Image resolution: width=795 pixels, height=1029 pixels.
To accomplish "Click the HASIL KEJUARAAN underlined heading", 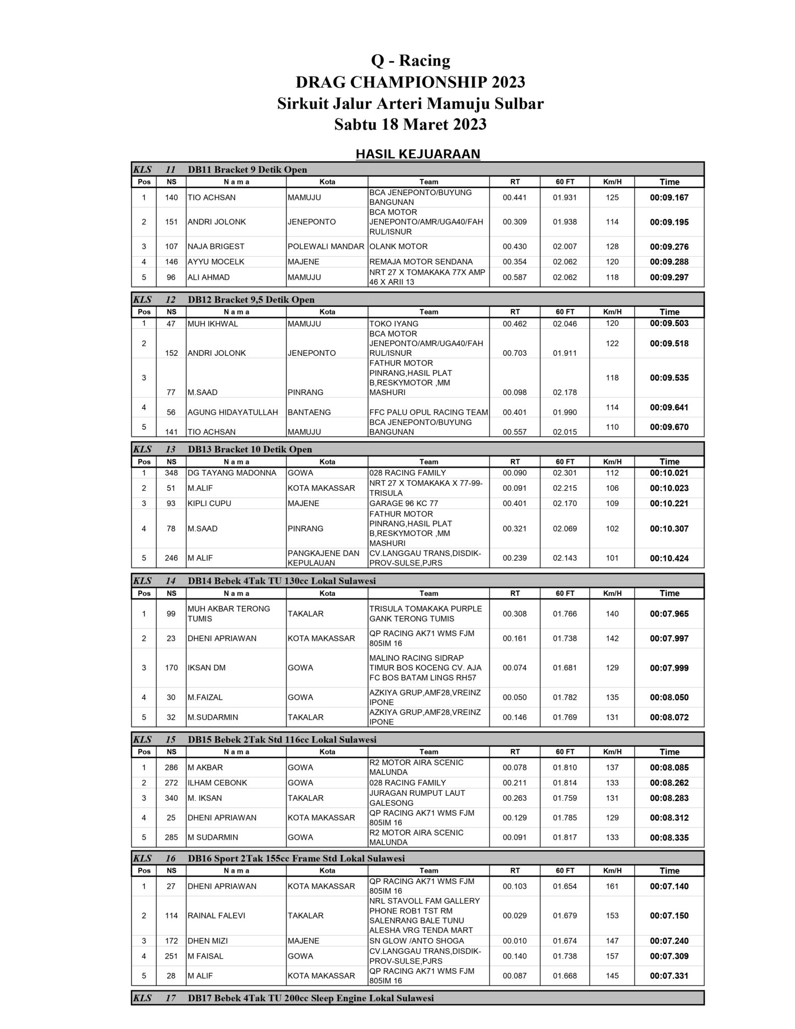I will point(418,154).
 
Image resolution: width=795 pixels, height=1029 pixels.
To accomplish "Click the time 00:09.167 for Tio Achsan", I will point(669,197).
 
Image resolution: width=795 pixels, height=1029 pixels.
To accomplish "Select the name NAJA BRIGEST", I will point(216,247).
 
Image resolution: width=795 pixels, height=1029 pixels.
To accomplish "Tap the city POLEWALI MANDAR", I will point(326,247).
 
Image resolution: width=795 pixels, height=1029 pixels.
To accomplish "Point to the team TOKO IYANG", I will point(394,324).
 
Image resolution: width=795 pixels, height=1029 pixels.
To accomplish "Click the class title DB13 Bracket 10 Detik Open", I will point(250,449).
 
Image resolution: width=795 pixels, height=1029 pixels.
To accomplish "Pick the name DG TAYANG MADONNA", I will point(232,473).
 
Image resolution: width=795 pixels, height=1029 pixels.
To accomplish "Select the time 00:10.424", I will point(669,558).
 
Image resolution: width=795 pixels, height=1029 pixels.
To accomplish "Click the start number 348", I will point(171,473).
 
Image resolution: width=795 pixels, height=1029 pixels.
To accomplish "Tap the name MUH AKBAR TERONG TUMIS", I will point(229,613).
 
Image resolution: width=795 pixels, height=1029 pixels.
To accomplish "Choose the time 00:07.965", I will point(669,614).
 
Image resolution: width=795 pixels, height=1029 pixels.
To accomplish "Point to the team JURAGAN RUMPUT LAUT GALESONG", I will point(417,798).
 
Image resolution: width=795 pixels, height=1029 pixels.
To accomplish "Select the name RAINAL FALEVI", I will point(216,915).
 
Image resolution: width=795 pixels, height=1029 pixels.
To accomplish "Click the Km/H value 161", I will point(612,886).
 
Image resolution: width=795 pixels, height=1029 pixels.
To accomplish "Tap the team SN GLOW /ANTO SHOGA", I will point(416,941).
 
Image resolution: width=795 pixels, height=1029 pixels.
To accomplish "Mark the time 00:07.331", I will point(669,976).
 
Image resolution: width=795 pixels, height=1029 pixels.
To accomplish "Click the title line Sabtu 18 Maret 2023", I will point(410,124).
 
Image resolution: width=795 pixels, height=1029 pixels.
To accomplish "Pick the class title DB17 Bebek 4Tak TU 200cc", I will point(311,998).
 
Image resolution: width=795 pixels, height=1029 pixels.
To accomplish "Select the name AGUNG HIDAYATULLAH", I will point(233,413).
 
